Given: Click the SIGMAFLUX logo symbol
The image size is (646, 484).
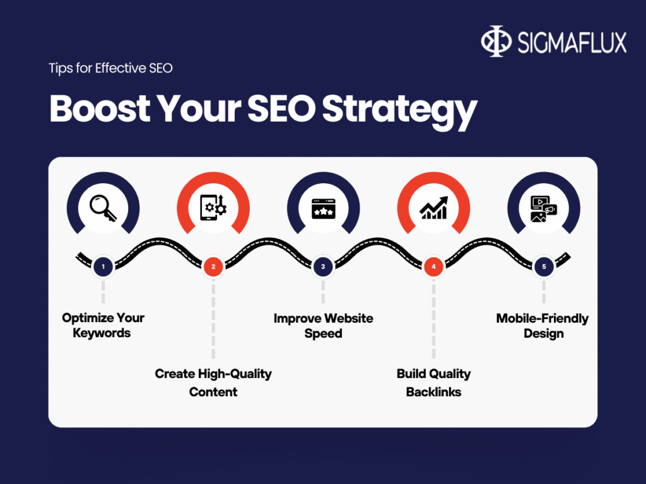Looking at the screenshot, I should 496,42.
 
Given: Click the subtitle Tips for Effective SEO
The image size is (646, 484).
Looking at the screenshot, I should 110,68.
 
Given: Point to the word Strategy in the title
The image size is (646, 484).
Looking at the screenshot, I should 399,110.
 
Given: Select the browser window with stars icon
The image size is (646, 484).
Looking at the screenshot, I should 323,208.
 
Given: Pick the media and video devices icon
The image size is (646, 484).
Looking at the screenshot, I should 543,208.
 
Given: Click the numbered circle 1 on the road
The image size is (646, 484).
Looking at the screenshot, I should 103,267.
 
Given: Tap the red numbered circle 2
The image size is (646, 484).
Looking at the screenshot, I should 213,267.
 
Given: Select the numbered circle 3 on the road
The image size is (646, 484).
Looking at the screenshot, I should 323,267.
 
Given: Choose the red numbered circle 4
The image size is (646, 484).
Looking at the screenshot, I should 433,267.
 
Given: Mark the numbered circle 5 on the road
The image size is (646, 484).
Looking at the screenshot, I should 543,267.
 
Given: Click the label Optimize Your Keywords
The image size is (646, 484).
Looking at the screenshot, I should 103,325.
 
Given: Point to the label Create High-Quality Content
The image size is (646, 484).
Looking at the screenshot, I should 213,383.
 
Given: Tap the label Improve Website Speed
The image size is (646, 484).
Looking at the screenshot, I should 323,325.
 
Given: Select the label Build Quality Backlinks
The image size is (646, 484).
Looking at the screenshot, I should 433,383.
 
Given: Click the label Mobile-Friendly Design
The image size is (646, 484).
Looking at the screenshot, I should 543,325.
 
